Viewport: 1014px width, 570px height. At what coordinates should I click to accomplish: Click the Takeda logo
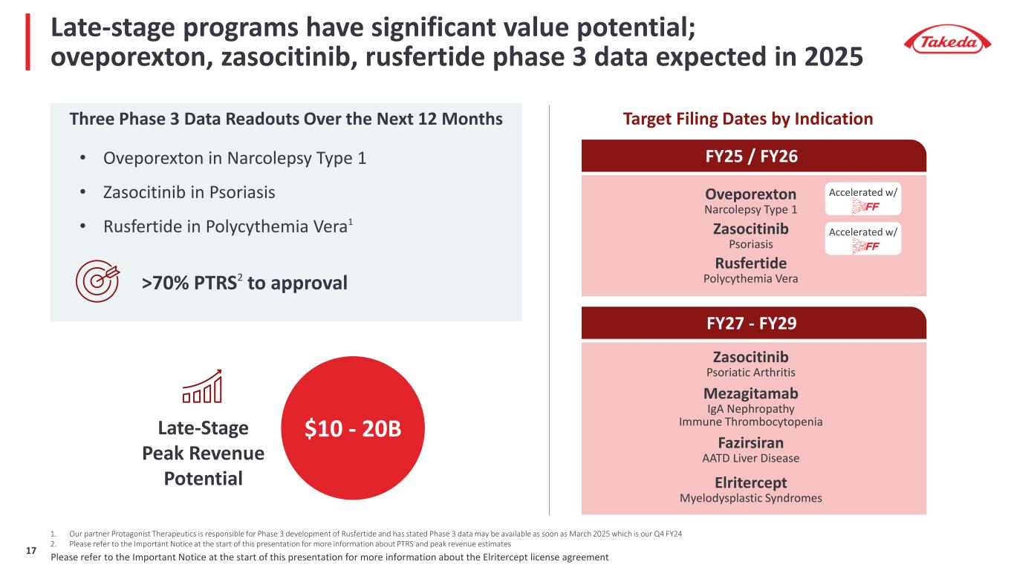click(x=947, y=40)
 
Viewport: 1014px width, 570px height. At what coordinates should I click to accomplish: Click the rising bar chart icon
click(x=202, y=386)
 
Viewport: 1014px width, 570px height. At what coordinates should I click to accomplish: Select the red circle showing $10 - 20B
click(x=353, y=428)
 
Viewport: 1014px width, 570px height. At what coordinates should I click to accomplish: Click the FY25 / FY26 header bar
click(x=754, y=156)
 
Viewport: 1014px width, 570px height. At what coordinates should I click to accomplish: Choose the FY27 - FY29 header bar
click(x=754, y=323)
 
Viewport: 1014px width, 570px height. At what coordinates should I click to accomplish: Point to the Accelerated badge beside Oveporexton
click(x=862, y=199)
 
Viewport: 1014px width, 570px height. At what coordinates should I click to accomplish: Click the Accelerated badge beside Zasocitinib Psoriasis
click(x=862, y=238)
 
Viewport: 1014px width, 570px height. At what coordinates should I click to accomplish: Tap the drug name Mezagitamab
click(x=750, y=393)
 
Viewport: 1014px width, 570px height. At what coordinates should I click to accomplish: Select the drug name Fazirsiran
click(x=750, y=442)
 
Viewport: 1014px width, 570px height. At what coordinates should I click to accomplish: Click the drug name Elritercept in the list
click(x=750, y=482)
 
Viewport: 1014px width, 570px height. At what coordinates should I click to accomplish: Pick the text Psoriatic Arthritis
click(x=750, y=373)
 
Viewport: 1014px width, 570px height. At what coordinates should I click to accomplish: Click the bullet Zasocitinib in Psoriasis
click(x=189, y=192)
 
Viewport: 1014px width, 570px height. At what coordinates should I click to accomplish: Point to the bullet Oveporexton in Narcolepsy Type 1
click(x=235, y=158)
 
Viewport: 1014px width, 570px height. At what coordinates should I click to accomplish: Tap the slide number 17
click(x=30, y=551)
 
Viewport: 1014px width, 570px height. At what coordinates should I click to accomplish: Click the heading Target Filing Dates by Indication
click(x=748, y=119)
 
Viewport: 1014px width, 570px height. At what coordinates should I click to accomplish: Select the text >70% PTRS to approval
click(x=244, y=283)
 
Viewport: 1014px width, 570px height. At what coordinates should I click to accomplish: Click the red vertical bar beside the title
click(x=28, y=42)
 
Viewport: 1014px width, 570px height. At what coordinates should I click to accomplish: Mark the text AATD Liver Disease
click(x=750, y=458)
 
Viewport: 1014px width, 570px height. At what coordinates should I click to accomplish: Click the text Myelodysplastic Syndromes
click(x=750, y=498)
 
